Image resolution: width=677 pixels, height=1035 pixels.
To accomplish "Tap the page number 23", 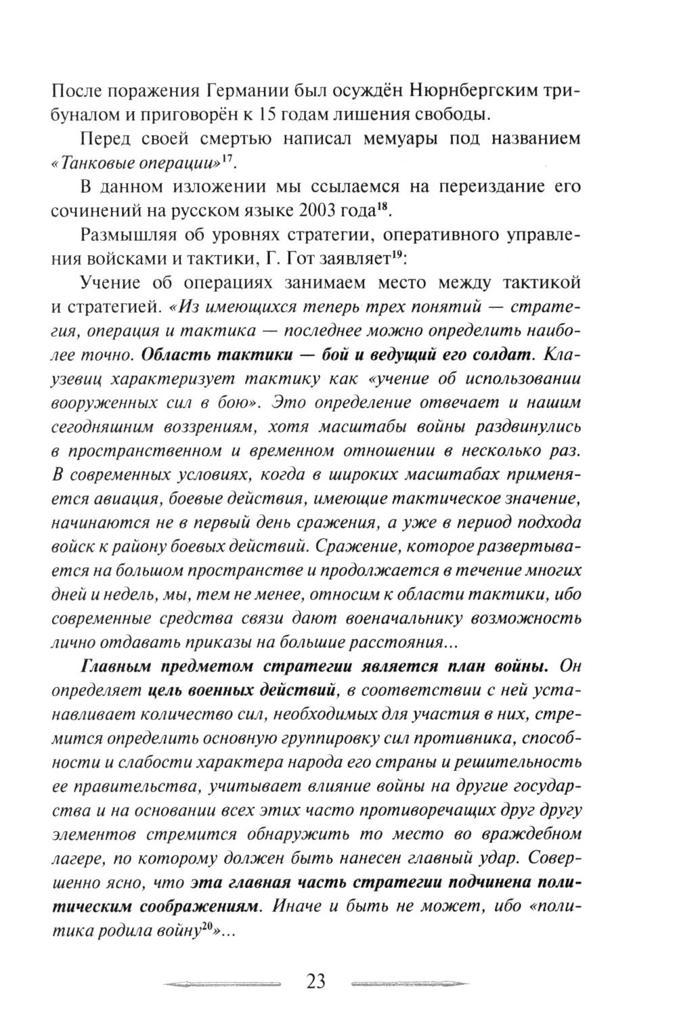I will coord(317,981).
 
